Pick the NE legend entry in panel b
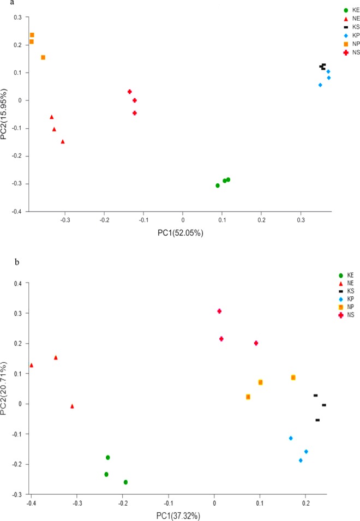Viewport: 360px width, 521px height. click(x=346, y=284)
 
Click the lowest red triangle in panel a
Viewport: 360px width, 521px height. click(x=63, y=142)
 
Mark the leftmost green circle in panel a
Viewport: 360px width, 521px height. click(x=218, y=185)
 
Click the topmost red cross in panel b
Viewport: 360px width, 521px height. click(x=219, y=311)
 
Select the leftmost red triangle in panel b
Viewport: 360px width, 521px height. click(x=31, y=365)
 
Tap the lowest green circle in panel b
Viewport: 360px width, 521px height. click(x=125, y=482)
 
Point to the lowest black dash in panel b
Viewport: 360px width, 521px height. click(x=317, y=420)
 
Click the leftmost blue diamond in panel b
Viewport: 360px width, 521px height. click(x=291, y=438)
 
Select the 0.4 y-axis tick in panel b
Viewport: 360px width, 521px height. click(x=18, y=283)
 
